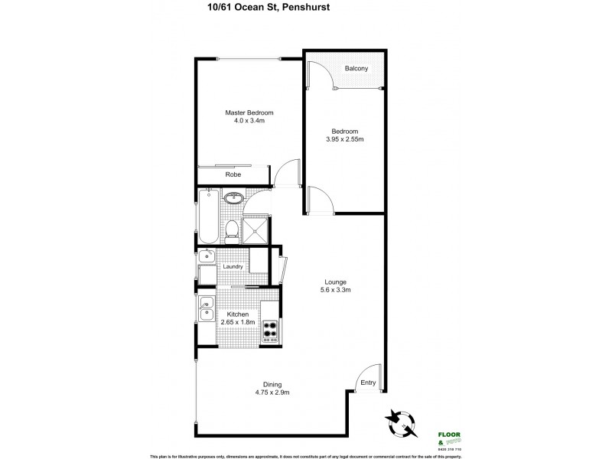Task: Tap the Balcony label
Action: click(356, 69)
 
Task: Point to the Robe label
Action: click(233, 175)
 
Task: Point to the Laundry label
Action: click(233, 266)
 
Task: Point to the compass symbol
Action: click(402, 420)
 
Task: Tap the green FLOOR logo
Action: click(448, 435)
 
